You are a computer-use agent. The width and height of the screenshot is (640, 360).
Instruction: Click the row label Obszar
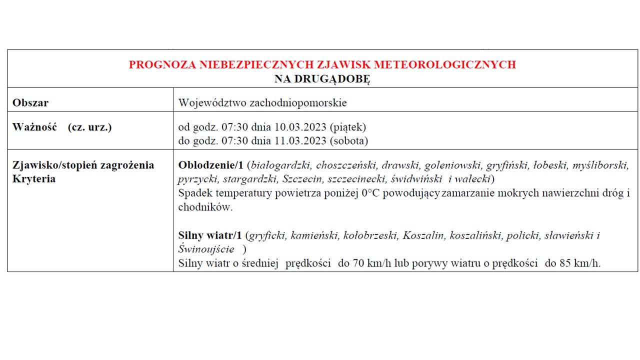[30, 103]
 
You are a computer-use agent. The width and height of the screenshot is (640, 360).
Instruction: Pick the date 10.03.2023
[301, 127]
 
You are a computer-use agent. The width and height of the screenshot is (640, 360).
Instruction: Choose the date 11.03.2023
[301, 141]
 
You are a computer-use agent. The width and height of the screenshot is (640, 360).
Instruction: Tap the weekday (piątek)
[348, 127]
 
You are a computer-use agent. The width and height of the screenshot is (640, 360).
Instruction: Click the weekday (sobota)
[349, 141]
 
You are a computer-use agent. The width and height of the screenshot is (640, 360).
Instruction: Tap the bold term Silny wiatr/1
[210, 235]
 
